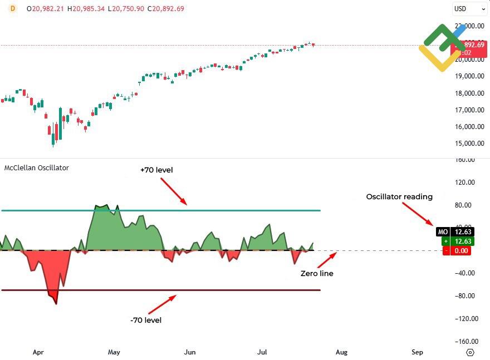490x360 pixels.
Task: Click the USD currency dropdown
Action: click(469, 9)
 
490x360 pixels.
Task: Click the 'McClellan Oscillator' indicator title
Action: click(37, 167)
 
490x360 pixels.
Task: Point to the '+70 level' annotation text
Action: click(156, 170)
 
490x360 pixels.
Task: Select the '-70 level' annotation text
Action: click(145, 320)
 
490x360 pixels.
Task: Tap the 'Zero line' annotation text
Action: click(317, 274)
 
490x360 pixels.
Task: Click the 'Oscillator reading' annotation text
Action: click(399, 196)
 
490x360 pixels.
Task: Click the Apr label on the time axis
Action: click(38, 352)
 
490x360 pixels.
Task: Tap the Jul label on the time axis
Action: click(265, 352)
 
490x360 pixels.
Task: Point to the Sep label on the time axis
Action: click(417, 352)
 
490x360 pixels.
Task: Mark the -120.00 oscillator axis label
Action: click(466, 318)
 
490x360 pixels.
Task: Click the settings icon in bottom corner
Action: click(470, 352)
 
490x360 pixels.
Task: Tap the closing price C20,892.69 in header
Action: click(165, 9)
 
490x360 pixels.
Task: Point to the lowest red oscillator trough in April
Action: click(56, 302)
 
